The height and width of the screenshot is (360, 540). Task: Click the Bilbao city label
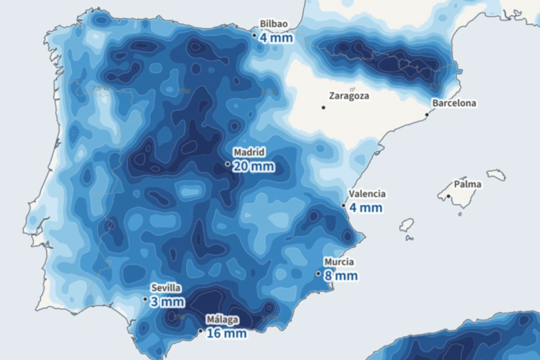tap(273, 24)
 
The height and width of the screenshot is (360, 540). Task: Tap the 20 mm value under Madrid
tap(253, 167)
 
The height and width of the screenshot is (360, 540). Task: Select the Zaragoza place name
tap(348, 96)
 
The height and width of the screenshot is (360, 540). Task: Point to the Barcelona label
tap(454, 103)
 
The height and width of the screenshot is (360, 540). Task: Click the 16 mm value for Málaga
tap(226, 333)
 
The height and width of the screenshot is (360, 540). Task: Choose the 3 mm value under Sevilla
tap(167, 301)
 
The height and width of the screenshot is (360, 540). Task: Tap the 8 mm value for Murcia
tap(340, 276)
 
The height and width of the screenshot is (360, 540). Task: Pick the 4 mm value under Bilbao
tap(276, 37)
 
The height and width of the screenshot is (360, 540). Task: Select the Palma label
tap(467, 184)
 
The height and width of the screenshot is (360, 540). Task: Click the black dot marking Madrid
tap(228, 164)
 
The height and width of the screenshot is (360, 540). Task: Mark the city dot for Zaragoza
tap(323, 107)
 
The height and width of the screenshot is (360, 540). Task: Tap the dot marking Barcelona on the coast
tap(427, 115)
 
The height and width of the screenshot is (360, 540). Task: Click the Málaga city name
tap(222, 319)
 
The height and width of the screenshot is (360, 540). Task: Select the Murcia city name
tap(338, 262)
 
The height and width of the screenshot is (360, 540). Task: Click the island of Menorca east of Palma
tap(496, 175)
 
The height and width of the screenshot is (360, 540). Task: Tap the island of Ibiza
tap(406, 225)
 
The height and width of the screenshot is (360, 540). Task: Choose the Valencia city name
tap(366, 194)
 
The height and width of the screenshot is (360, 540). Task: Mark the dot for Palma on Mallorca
tap(448, 197)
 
